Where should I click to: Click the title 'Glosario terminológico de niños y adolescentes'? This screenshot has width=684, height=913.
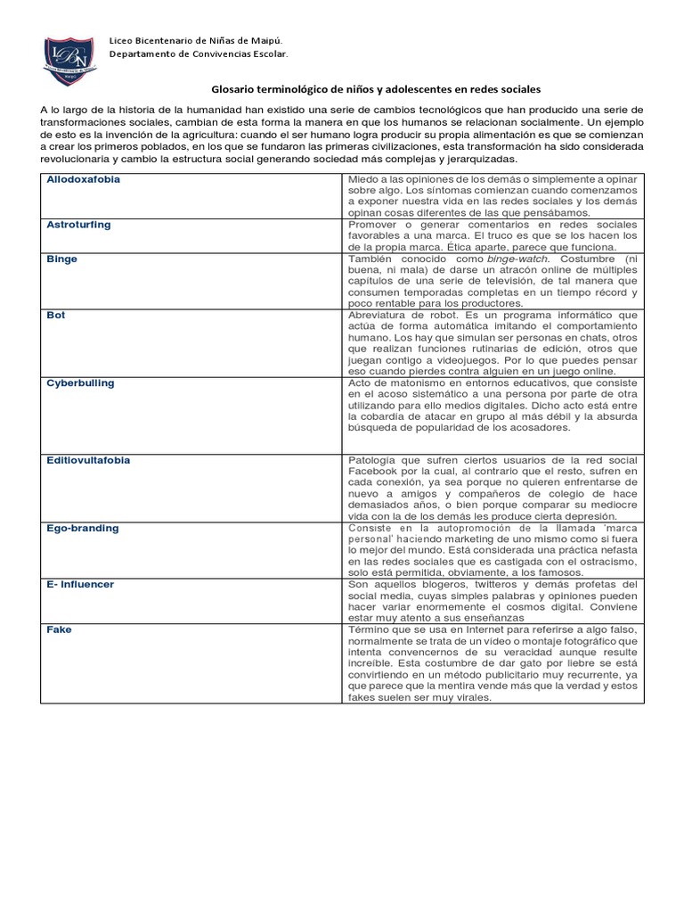pos(375,90)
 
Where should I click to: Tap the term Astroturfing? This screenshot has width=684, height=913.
pos(78,225)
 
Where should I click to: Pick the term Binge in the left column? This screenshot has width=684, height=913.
pos(61,259)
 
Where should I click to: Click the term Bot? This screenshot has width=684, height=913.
pos(56,316)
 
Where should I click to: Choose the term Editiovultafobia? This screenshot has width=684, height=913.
pos(88,460)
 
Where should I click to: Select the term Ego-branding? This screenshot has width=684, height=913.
pos(82,528)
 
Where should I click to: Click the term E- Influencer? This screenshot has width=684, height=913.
pos(80,584)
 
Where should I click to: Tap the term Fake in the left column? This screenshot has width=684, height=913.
pos(59,629)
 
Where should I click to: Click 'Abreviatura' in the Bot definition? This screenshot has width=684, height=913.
pos(375,316)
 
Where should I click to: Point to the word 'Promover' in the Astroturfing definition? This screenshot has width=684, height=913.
pos(373,225)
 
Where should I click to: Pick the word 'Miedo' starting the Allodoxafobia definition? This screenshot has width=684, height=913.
pos(363,179)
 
